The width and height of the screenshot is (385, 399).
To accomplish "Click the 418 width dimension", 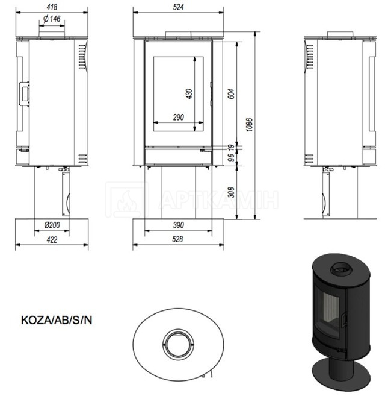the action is [x=52, y=7].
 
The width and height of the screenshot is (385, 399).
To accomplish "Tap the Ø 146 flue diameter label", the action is [x=52, y=19].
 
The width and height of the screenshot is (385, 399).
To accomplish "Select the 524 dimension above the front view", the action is [x=178, y=7].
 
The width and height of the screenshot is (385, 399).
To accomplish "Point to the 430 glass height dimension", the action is [x=189, y=93].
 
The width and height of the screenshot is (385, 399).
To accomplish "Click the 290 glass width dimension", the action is [x=179, y=118].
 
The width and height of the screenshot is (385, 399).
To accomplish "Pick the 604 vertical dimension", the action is [x=231, y=93].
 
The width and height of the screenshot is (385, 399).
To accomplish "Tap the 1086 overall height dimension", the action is [x=250, y=124].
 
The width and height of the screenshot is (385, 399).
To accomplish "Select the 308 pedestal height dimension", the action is [x=231, y=192].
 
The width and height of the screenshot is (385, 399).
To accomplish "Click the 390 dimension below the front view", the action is [x=179, y=225].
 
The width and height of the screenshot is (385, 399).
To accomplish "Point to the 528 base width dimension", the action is [x=177, y=239].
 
